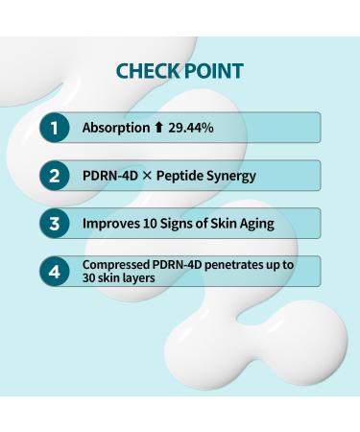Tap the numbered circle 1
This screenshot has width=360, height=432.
[56, 128]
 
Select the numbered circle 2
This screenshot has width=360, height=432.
[56, 176]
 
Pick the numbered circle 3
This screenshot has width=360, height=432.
[56, 224]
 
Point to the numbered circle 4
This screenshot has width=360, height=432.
[56, 272]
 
